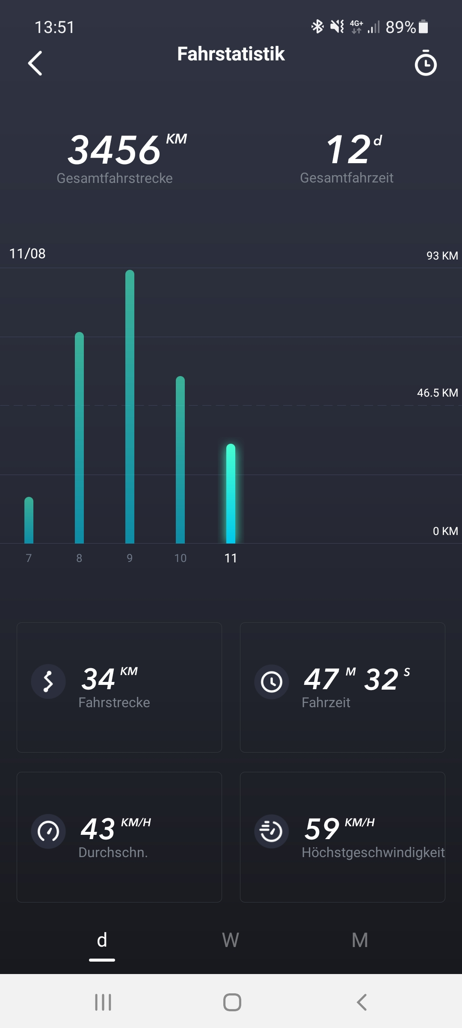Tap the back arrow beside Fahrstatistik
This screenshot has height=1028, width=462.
tap(35, 63)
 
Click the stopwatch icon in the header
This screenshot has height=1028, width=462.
tap(426, 63)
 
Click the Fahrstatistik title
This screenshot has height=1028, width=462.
tap(231, 54)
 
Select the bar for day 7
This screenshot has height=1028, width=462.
tap(29, 520)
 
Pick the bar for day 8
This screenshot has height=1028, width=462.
tap(79, 437)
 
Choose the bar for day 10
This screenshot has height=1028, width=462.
tap(180, 459)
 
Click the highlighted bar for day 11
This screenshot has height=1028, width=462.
tap(231, 493)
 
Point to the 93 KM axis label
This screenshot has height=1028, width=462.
tap(442, 256)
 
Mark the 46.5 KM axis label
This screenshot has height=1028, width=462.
tap(437, 393)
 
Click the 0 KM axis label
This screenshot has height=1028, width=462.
tap(445, 531)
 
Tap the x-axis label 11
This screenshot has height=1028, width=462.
tap(231, 558)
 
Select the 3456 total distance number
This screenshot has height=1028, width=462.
tap(114, 150)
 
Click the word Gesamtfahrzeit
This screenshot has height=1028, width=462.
tap(346, 178)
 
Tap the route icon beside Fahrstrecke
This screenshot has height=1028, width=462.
tap(48, 681)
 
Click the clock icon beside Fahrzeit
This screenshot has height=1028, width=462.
tap(272, 681)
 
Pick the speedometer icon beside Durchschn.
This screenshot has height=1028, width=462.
tap(48, 831)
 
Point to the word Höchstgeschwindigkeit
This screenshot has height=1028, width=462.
tap(373, 852)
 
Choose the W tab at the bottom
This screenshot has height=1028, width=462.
tap(231, 940)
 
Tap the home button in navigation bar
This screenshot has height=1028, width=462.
tap(232, 1002)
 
